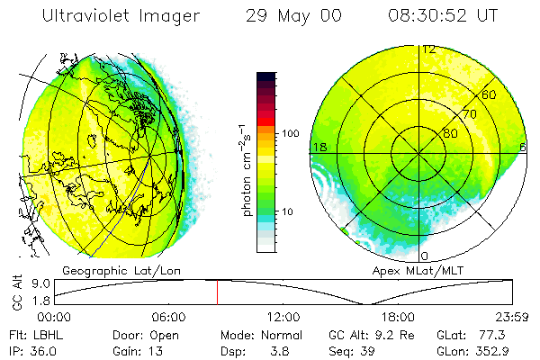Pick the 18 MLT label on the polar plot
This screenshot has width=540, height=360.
tap(318, 148)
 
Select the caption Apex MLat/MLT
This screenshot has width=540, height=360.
tap(416, 269)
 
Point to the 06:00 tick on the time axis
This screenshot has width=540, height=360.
tap(168, 318)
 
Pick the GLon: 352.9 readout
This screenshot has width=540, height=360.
tap(481, 350)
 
